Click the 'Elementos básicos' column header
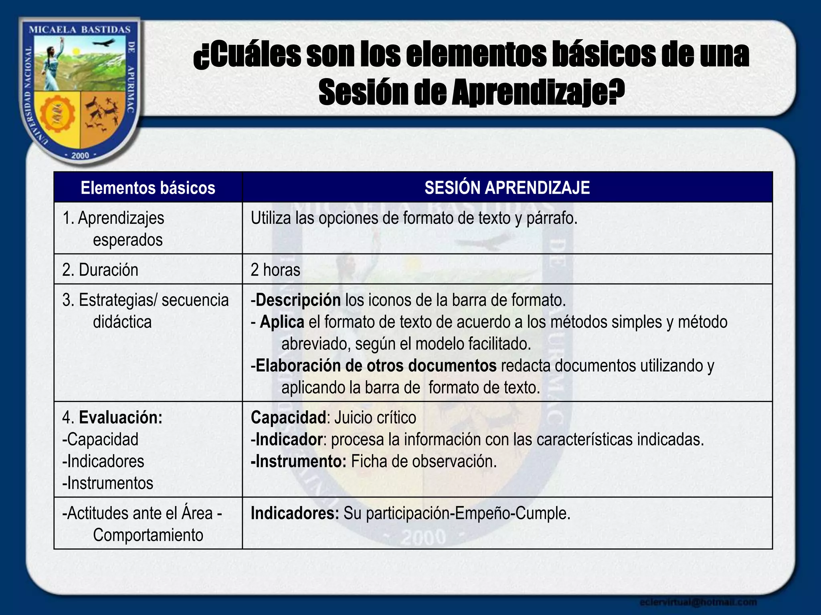pyautogui.click(x=148, y=188)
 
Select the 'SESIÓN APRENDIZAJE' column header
pyautogui.click(x=507, y=188)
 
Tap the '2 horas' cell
pyautogui.click(x=275, y=270)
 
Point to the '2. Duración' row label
pyautogui.click(x=100, y=270)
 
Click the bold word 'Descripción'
pyautogui.click(x=298, y=300)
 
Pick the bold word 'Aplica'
pyautogui.click(x=282, y=322)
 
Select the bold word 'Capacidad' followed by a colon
pyautogui.click(x=288, y=418)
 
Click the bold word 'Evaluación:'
pyautogui.click(x=121, y=418)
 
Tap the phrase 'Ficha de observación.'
pyautogui.click(x=424, y=461)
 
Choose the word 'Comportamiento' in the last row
pyautogui.click(x=148, y=535)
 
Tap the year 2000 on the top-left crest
pyautogui.click(x=80, y=155)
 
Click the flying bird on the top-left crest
pyautogui.click(x=107, y=43)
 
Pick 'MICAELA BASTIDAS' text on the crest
pyautogui.click(x=80, y=30)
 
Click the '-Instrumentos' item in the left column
pyautogui.click(x=108, y=483)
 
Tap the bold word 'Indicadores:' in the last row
pyautogui.click(x=295, y=513)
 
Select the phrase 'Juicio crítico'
pyautogui.click(x=375, y=418)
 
